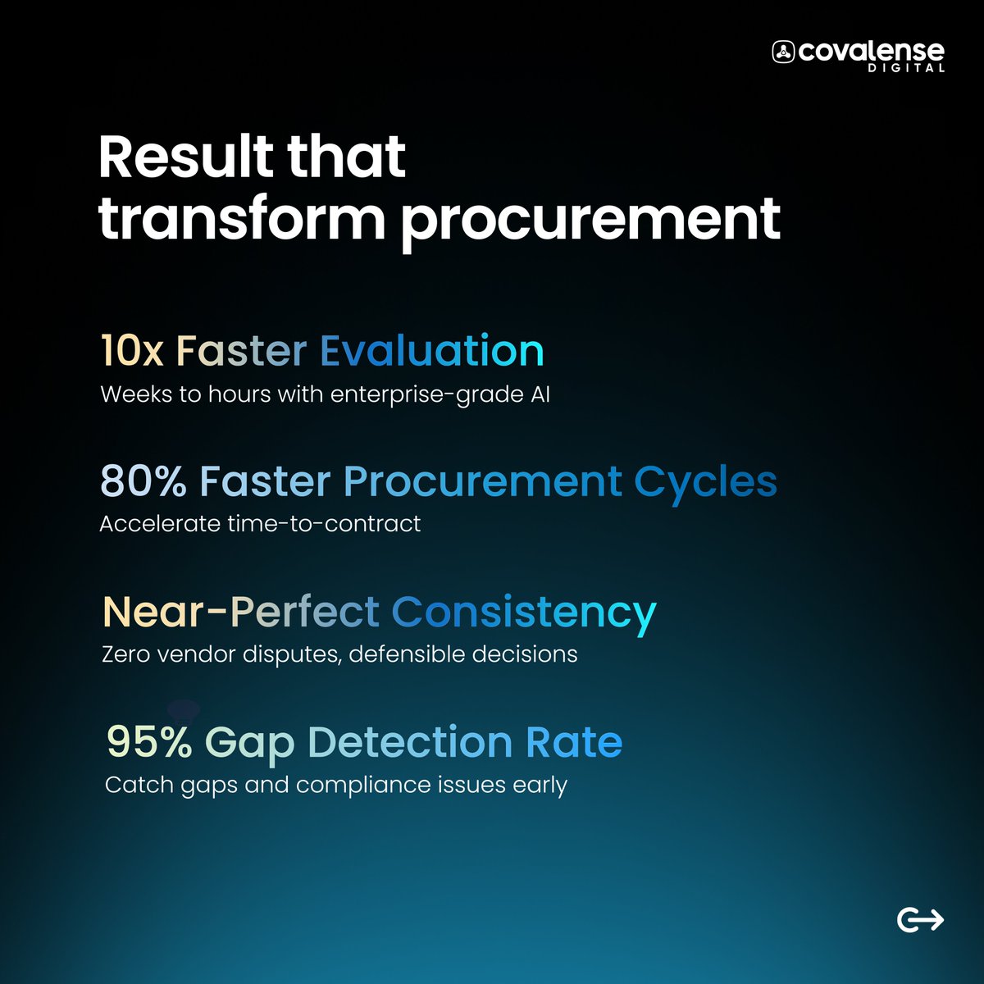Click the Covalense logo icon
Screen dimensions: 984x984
(783, 52)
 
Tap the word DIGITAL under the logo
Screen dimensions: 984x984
(906, 69)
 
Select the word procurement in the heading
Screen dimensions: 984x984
(590, 219)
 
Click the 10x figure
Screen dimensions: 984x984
(131, 350)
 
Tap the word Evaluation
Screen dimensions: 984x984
(431, 350)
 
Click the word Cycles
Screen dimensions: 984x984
(705, 482)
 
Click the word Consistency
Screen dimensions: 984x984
(524, 613)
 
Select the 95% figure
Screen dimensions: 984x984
(149, 742)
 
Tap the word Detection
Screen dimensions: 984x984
(410, 742)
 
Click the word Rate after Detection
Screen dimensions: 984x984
(574, 742)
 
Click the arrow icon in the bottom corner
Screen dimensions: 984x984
(920, 920)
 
